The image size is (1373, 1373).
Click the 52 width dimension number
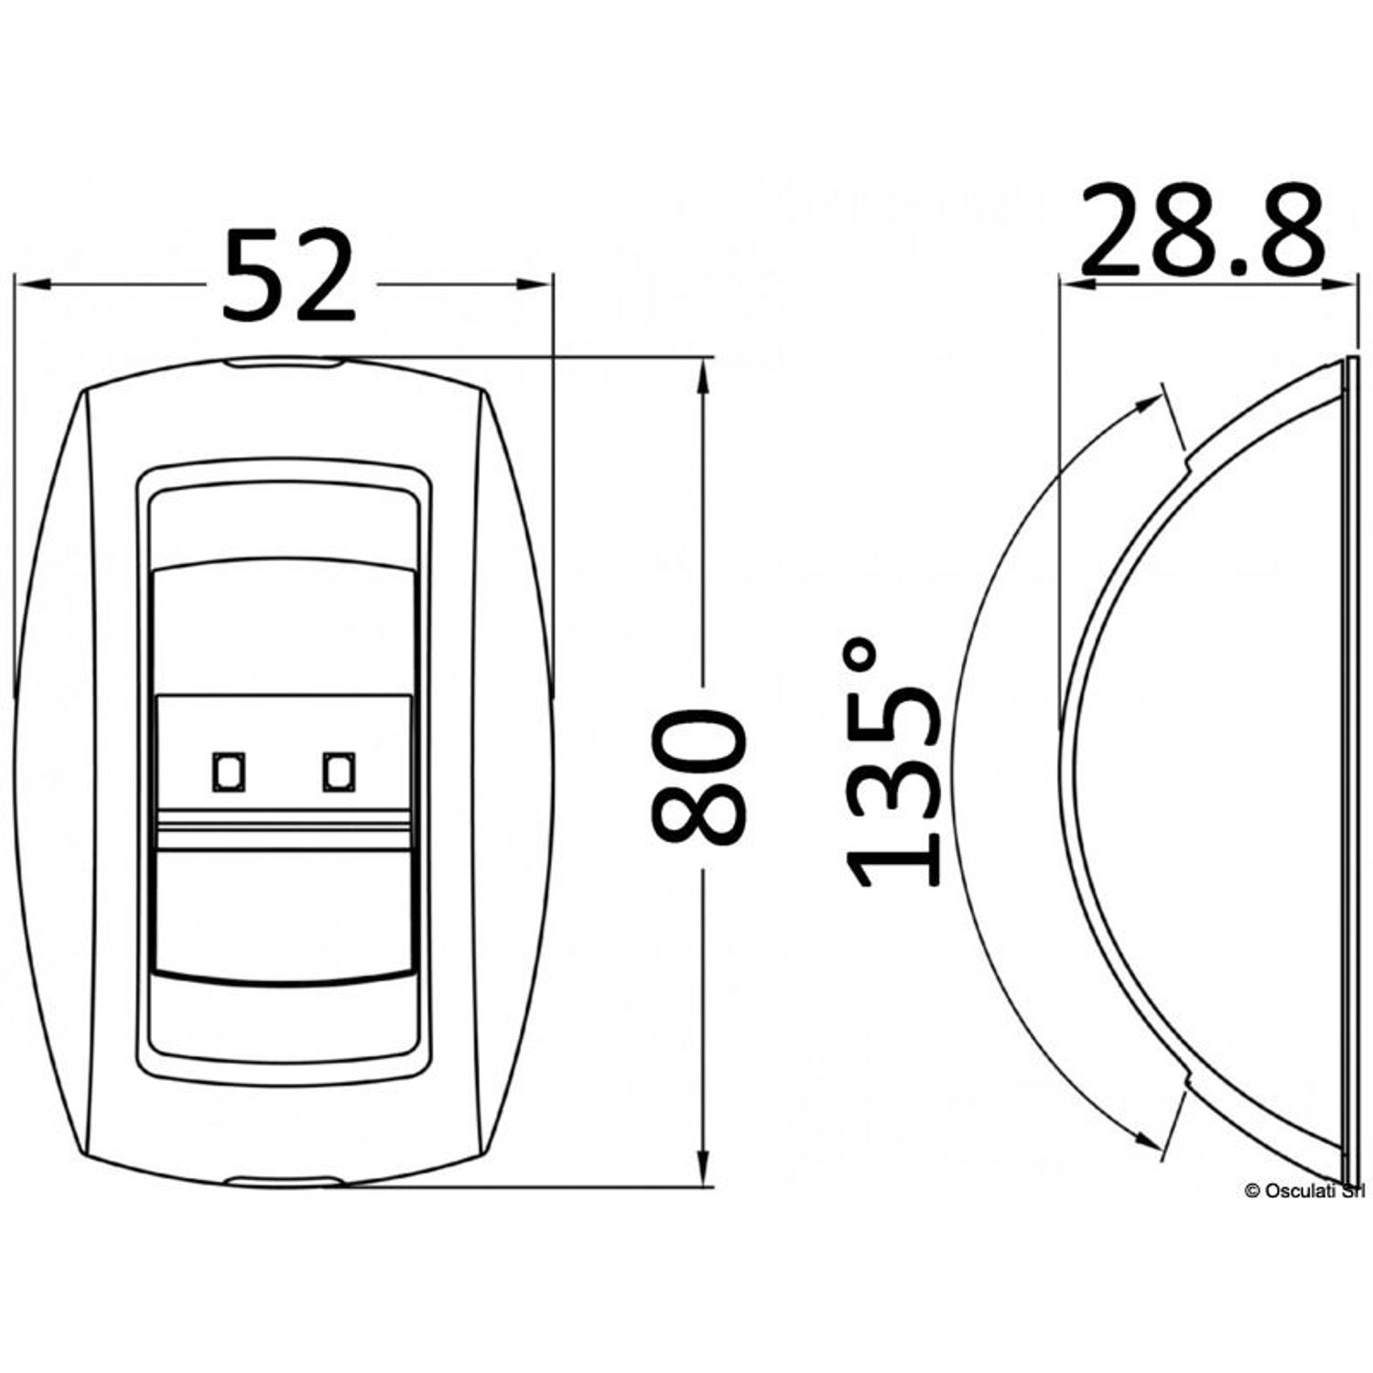(x=288, y=276)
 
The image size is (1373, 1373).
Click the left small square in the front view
(x=228, y=773)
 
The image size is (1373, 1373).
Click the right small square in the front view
(x=339, y=773)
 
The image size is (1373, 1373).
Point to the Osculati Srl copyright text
(x=1307, y=1190)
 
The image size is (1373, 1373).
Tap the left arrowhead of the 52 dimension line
(x=31, y=285)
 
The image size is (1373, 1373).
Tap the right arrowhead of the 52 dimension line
(x=535, y=285)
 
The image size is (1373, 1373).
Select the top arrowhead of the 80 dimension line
(x=703, y=375)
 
